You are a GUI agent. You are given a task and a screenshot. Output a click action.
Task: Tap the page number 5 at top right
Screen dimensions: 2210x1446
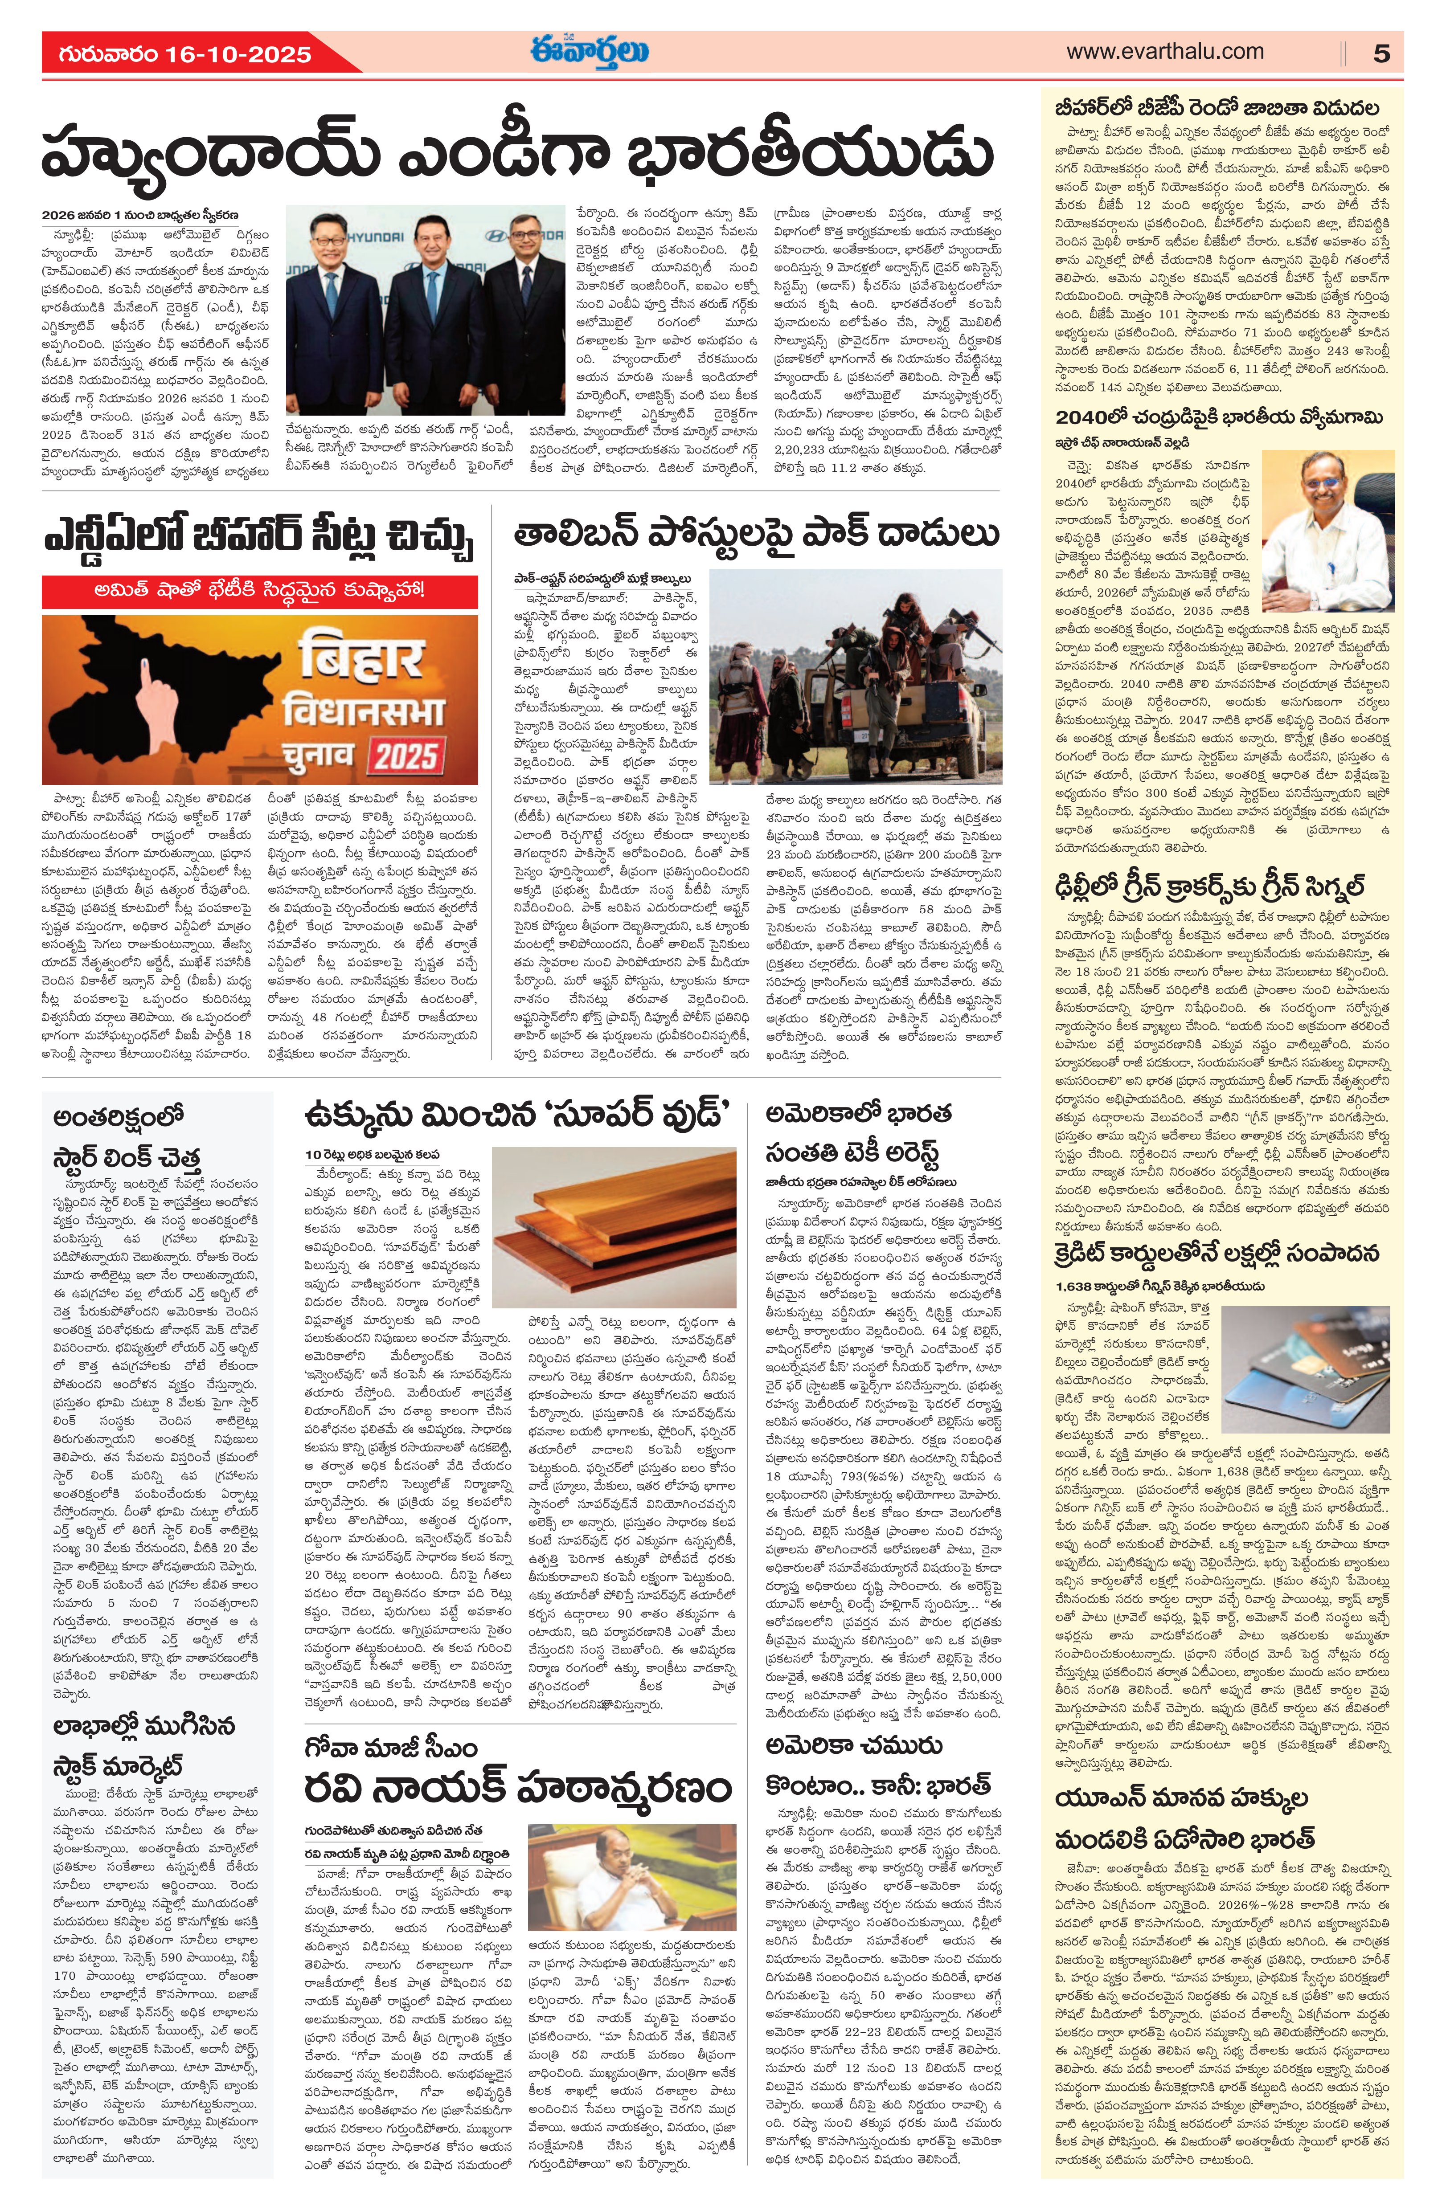pos(1382,54)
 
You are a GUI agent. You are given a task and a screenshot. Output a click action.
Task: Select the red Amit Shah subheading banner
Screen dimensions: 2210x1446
pos(260,591)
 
